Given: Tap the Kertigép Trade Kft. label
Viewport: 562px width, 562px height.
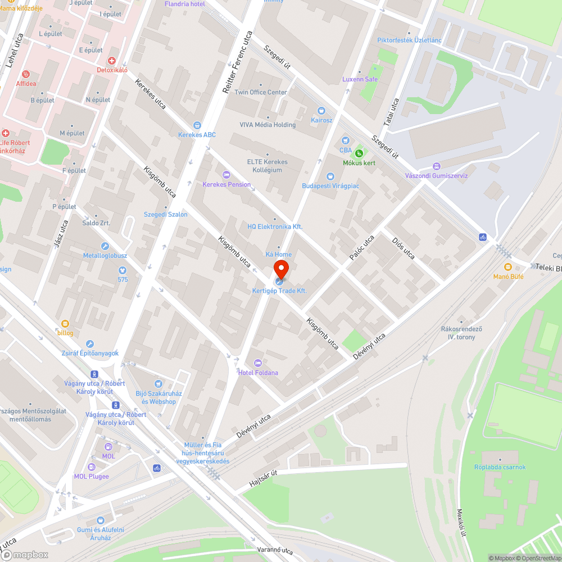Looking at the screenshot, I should (279, 291).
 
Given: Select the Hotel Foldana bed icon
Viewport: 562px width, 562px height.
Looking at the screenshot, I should (258, 362).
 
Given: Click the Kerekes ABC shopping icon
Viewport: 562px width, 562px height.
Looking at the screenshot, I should (197, 125).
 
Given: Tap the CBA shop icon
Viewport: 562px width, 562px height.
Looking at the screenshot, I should (345, 140).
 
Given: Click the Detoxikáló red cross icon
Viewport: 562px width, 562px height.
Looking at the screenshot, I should (112, 60).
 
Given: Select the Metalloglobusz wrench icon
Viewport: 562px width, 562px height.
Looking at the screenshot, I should (105, 246).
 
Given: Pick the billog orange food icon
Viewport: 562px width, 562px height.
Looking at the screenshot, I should (65, 323).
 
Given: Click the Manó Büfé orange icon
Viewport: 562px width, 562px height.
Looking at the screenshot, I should (508, 266).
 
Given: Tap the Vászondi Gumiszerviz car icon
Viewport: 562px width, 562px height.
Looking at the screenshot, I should (436, 166).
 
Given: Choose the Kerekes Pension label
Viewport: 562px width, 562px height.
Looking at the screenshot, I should (226, 184).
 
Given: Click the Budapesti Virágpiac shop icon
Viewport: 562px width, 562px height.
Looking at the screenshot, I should (330, 176).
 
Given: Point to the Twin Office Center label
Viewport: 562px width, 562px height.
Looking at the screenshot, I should (261, 92).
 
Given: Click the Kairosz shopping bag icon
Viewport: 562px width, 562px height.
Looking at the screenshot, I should (321, 111).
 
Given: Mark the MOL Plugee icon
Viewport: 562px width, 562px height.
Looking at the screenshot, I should (92, 467).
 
